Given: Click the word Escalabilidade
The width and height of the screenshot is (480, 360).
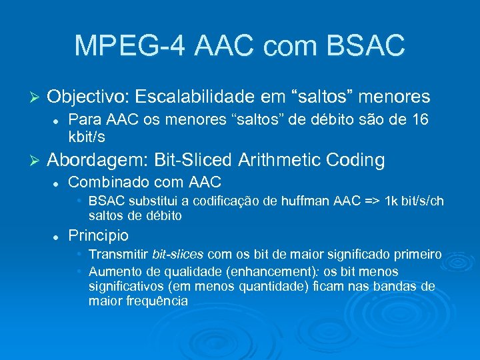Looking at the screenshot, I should (213, 97).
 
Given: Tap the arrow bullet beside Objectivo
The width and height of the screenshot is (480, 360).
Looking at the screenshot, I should (37, 98).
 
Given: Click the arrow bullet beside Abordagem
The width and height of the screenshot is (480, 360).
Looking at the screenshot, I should (37, 161).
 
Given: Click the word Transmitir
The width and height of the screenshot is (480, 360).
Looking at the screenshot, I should (118, 255).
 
